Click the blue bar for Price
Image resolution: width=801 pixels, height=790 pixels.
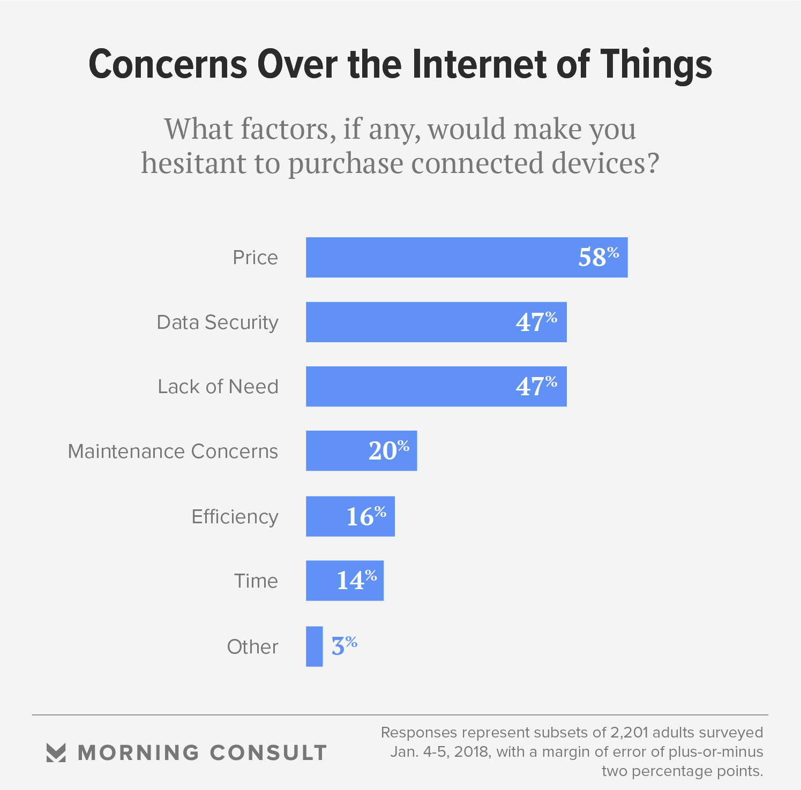point(439,258)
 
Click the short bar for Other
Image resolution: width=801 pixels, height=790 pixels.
point(315,646)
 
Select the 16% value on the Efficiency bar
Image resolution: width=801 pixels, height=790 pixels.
point(366,516)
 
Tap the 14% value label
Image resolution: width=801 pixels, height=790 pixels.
point(356,581)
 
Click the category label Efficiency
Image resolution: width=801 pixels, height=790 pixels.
point(235,517)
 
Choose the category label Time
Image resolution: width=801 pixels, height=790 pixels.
point(256,581)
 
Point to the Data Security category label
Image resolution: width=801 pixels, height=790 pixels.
point(218,322)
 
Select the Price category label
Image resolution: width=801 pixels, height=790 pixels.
point(255,258)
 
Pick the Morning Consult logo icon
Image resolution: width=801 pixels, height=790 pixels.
point(56,753)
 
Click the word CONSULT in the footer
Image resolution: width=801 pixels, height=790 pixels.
point(268,753)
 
